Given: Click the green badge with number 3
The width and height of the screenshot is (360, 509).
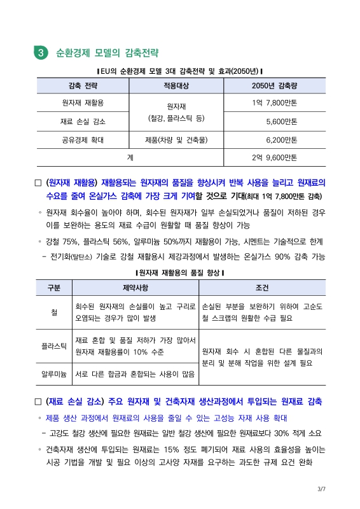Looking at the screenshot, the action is point(41,53).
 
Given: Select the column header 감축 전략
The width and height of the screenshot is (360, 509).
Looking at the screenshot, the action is point(83,85).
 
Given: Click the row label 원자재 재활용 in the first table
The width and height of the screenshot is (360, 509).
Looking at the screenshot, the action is point(83,102).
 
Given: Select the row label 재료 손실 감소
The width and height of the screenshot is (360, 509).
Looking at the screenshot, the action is point(83,121).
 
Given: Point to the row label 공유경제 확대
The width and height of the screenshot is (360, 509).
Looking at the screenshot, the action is point(83,139).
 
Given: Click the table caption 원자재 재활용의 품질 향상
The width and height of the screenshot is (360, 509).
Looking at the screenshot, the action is point(179,272).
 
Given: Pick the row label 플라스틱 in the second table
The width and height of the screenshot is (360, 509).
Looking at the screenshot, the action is point(54,346).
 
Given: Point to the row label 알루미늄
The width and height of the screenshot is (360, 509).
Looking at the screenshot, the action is point(54,375).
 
